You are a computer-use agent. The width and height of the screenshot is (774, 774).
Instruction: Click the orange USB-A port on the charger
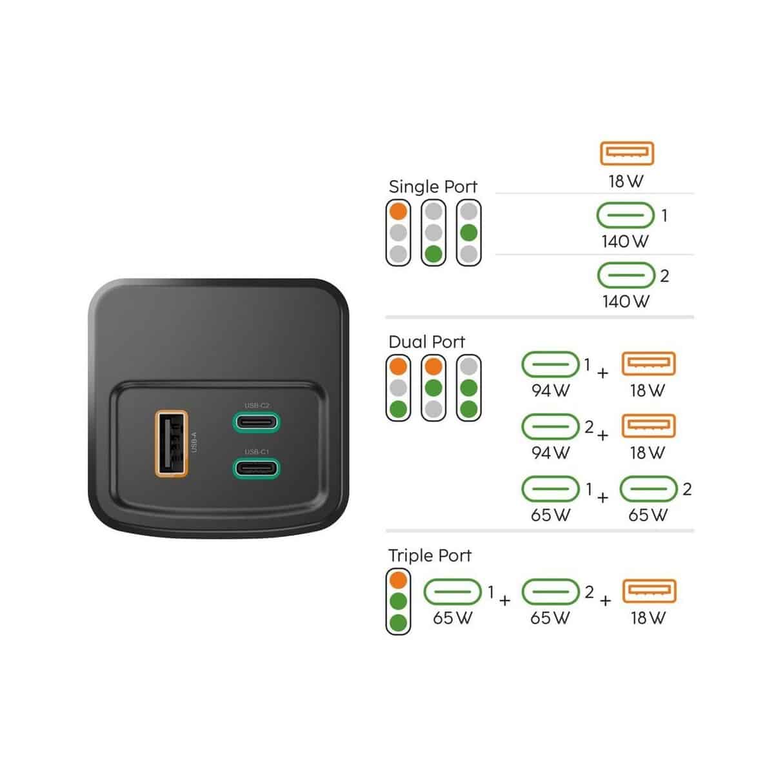pos(172,443)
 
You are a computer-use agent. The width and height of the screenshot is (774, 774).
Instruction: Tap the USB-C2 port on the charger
pos(256,422)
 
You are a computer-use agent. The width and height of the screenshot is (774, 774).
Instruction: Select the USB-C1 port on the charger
pos(256,468)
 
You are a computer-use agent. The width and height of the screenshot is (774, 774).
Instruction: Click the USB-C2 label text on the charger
pos(257,405)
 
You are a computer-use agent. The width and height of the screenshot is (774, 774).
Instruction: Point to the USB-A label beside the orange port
pos(194,442)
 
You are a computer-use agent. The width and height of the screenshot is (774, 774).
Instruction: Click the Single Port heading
pos(433,187)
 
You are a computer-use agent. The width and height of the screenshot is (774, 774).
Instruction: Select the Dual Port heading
pos(426,342)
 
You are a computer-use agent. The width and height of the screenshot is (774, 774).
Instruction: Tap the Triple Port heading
pos(430,555)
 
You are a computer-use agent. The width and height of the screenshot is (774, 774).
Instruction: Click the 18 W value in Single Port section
pos(626,181)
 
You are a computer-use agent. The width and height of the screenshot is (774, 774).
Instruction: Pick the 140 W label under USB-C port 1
pos(625,241)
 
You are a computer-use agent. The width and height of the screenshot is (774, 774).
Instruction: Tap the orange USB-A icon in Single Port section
pos(627,153)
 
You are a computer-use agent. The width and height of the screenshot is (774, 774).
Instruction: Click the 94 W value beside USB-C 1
pos(550,390)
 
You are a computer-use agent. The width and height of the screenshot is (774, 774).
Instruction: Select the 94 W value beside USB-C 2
pos(550,453)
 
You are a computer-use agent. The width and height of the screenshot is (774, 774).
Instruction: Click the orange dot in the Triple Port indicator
pos(398,580)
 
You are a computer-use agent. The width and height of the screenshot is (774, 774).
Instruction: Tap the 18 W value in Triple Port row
pos(648,618)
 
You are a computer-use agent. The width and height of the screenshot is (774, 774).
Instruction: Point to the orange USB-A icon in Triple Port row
pos(650,591)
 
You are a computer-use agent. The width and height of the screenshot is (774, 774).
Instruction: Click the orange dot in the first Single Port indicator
pos(398,212)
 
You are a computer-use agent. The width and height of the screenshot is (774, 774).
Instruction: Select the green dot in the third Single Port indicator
pos(468,233)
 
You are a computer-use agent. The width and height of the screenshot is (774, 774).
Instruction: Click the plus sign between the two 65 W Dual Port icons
pos(602,498)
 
